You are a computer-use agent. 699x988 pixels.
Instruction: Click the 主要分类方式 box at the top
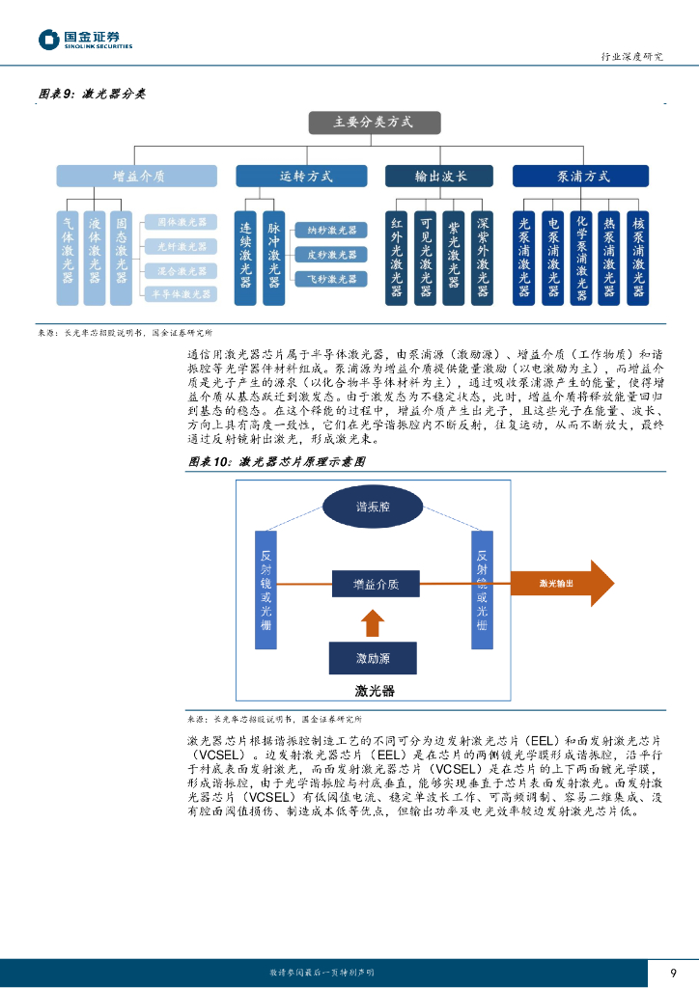tap(374, 123)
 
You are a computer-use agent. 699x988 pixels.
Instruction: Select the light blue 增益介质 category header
tap(137, 176)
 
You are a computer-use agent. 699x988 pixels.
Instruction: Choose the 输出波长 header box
tap(440, 176)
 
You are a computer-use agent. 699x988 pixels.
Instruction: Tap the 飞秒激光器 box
tap(330, 279)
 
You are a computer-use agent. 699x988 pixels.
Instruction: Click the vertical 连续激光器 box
tap(246, 249)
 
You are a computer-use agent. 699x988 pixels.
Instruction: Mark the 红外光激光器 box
tap(397, 256)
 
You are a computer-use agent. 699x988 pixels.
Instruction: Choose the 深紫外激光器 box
tap(483, 256)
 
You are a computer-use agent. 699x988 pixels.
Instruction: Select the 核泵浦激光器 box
tap(637, 256)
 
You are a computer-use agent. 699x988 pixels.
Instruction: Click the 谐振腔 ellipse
tap(373, 507)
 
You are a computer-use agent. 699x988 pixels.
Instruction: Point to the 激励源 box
tap(373, 658)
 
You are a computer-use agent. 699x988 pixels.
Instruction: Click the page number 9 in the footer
tap(673, 973)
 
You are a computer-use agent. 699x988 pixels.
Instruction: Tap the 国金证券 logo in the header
tap(84, 39)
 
